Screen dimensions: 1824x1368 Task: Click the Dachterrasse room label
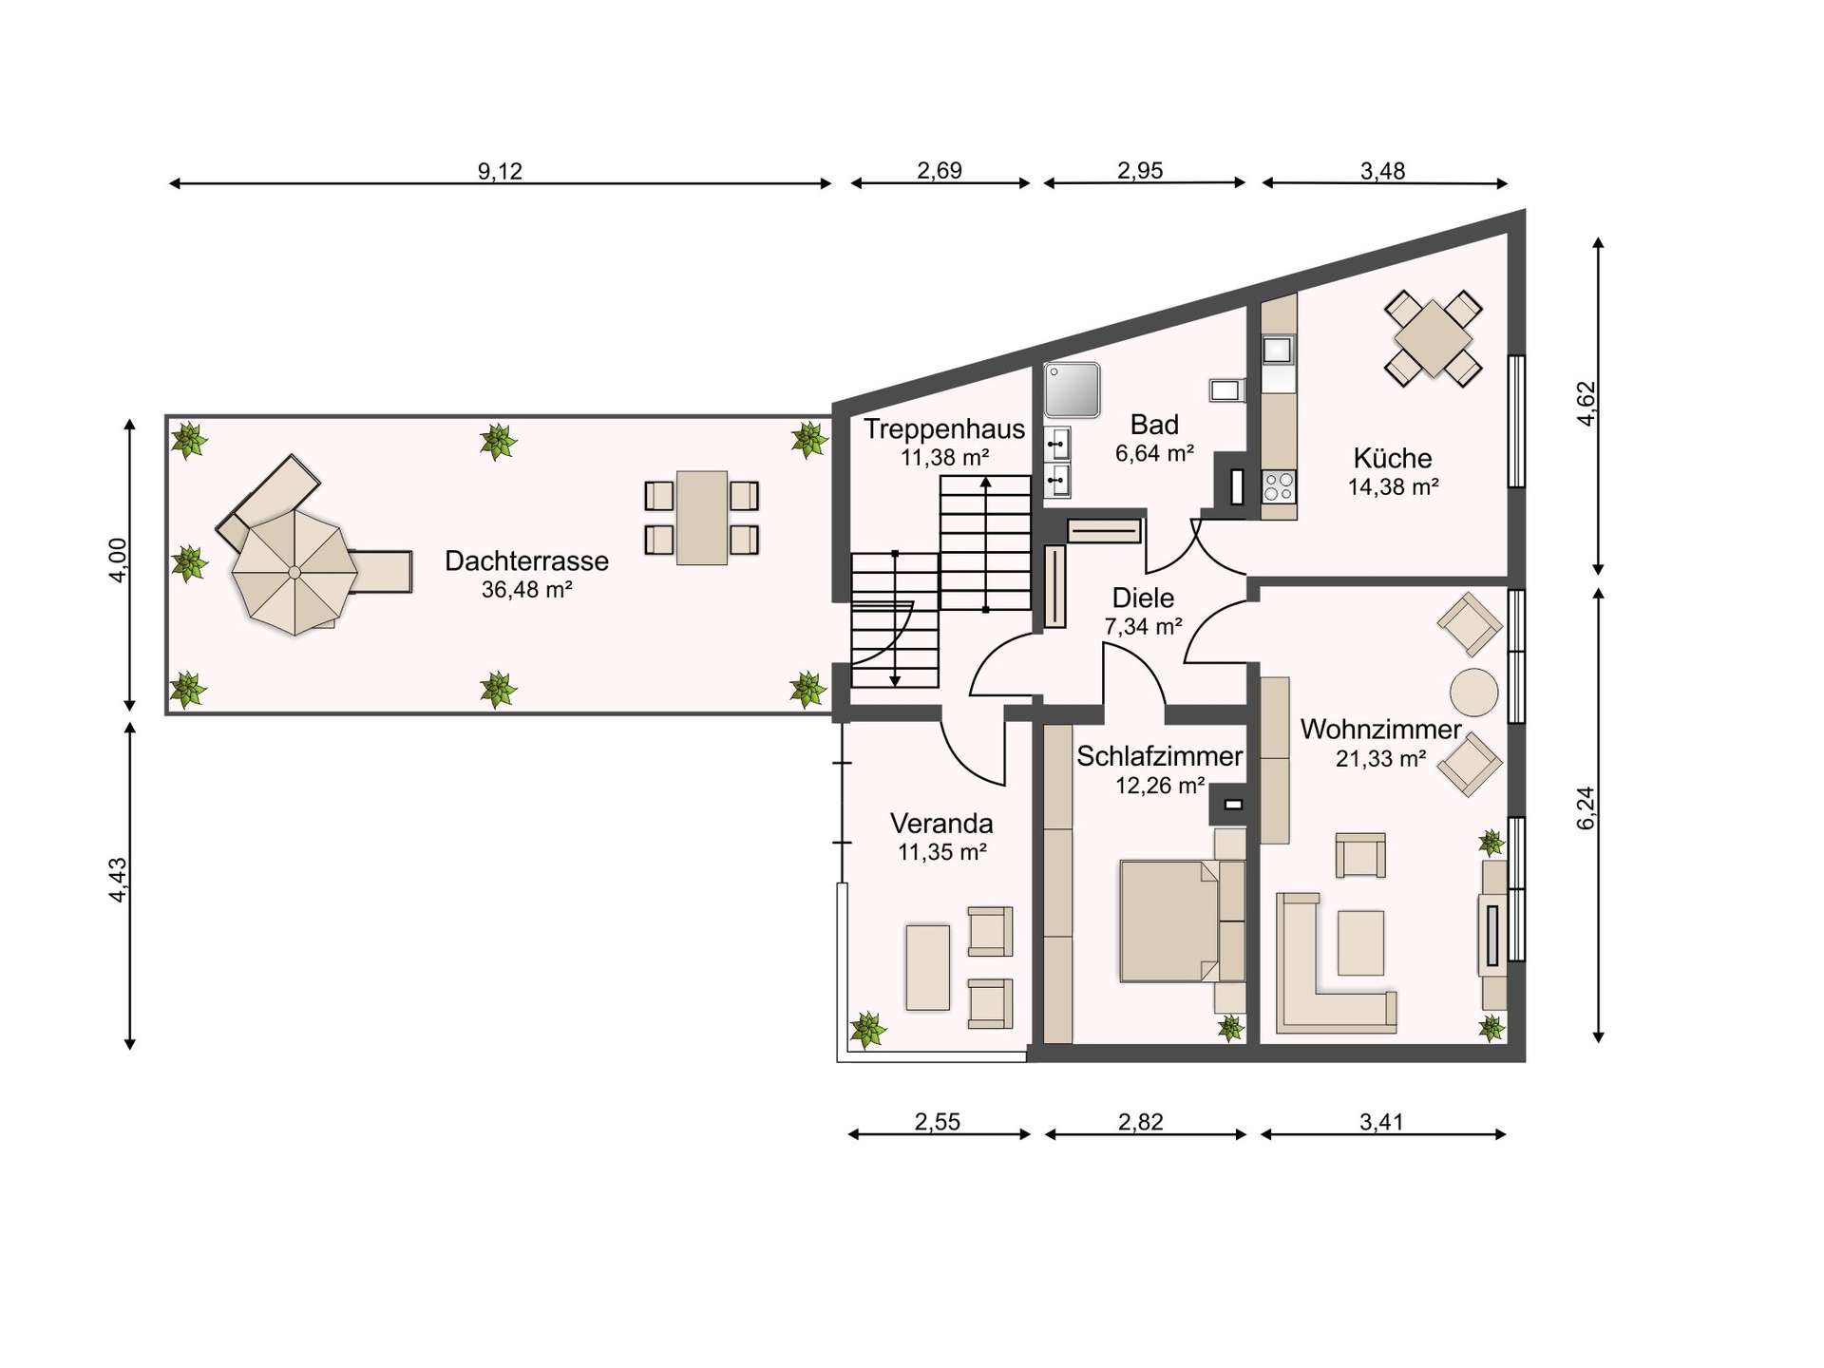[x=526, y=560]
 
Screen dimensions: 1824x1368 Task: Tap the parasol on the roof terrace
[x=294, y=572]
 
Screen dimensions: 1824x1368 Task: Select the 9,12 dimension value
[x=500, y=171]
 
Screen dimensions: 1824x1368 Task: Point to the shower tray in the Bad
[x=1072, y=390]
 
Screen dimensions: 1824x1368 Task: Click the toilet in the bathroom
[x=1226, y=389]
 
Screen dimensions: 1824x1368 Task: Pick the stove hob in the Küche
[x=1279, y=486]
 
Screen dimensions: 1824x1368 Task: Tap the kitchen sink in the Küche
[x=1278, y=350]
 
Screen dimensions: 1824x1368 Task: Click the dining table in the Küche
[x=1433, y=338]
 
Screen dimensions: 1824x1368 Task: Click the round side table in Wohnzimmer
[x=1473, y=692]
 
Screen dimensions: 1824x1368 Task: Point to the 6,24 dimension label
[x=1586, y=808]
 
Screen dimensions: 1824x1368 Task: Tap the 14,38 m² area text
[x=1393, y=487]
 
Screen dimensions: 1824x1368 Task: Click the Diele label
[x=1143, y=598]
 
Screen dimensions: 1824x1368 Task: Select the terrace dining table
[x=702, y=518]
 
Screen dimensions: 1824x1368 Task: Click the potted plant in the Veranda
[x=866, y=1029]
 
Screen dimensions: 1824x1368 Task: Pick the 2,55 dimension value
[x=938, y=1122]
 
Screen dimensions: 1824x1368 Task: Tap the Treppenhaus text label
[x=944, y=428]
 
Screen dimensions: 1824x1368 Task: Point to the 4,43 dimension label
[x=118, y=880]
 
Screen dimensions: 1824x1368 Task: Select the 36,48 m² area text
[x=526, y=590]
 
